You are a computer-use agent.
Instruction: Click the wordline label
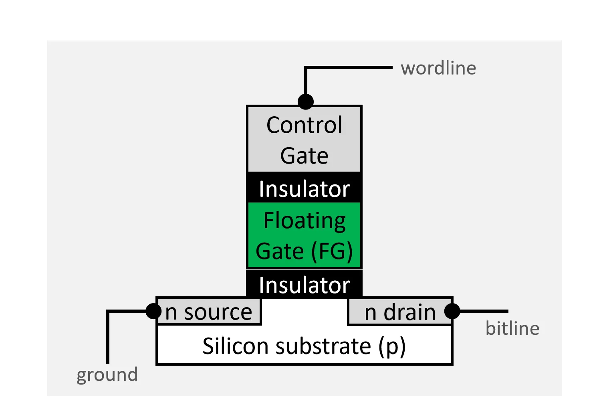click(x=438, y=68)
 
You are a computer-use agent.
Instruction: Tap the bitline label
click(x=512, y=328)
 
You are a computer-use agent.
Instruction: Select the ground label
click(x=107, y=375)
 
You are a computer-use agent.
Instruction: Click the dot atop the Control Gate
click(x=305, y=101)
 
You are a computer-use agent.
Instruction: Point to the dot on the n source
click(x=153, y=311)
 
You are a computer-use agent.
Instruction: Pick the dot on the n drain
click(x=452, y=311)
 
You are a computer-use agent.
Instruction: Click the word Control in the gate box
click(x=305, y=125)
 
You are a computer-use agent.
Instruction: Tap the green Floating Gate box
click(x=305, y=235)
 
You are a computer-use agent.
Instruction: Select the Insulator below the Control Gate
click(x=305, y=188)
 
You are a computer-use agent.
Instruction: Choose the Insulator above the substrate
click(x=305, y=285)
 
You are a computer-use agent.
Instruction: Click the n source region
click(x=209, y=312)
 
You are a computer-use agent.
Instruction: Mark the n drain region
click(x=400, y=312)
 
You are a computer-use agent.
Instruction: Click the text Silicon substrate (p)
click(x=304, y=346)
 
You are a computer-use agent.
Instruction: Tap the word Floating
click(x=305, y=221)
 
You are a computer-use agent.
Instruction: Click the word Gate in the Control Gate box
click(x=305, y=156)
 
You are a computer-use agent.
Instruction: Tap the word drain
click(x=409, y=312)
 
